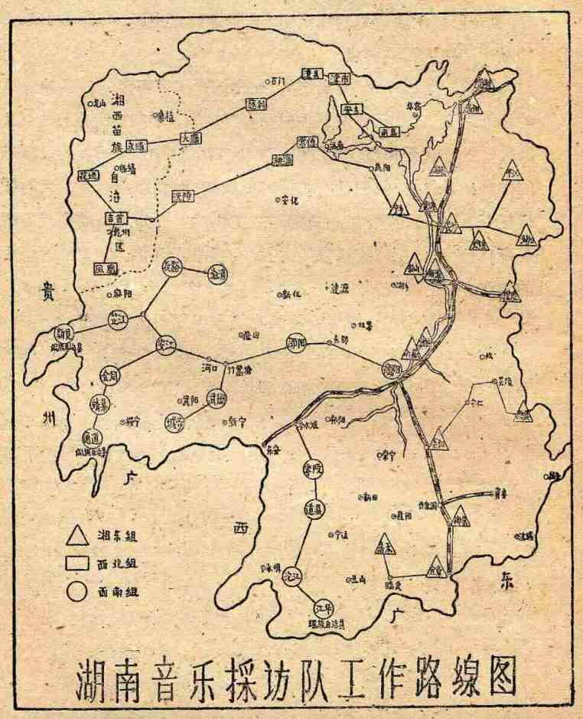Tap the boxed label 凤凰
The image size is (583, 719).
103,269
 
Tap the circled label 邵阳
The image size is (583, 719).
296,342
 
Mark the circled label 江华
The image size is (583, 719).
324,610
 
